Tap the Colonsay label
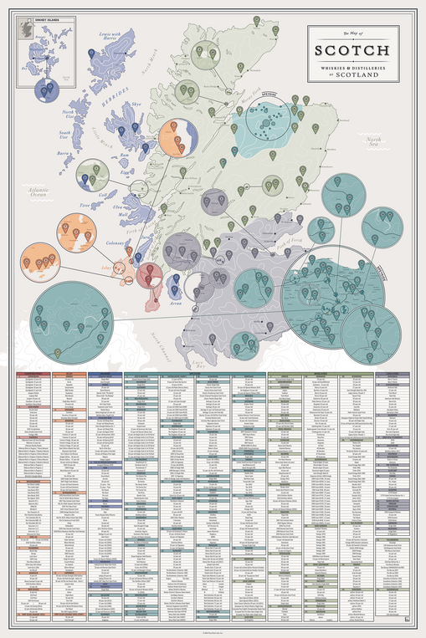(113, 245)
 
